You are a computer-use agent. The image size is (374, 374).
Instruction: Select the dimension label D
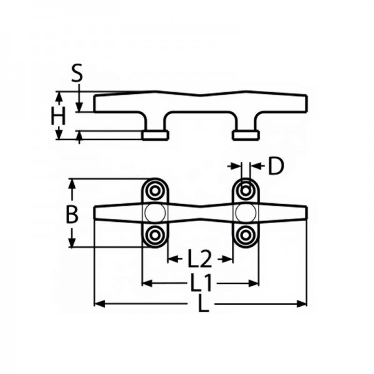[276, 166]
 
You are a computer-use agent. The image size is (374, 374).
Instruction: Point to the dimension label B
[72, 215]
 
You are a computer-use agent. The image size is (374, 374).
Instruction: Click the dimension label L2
[200, 257]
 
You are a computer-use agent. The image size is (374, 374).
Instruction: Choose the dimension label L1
[200, 284]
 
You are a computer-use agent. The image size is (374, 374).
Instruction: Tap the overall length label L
[200, 305]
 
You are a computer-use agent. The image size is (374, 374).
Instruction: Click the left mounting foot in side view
[154, 135]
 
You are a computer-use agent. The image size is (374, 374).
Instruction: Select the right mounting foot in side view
[246, 135]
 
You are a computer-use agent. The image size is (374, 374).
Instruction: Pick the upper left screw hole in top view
[154, 190]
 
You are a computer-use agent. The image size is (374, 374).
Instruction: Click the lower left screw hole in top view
[154, 235]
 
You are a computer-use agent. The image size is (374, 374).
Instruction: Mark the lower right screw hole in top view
[246, 235]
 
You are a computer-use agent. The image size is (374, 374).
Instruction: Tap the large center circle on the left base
[154, 213]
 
